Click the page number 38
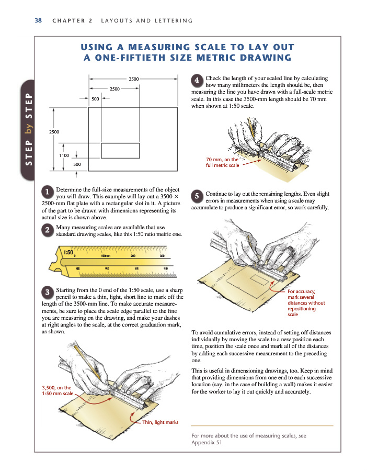pyautogui.click(x=38, y=20)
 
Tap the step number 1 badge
pyautogui.click(x=47, y=191)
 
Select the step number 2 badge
pyautogui.click(x=47, y=230)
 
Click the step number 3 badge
pyautogui.click(x=47, y=292)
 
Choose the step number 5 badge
pyautogui.click(x=197, y=196)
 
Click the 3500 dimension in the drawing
pyautogui.click(x=133, y=79)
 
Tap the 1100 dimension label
pyautogui.click(x=64, y=155)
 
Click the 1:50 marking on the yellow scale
pyautogui.click(x=68, y=252)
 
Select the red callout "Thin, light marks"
pyautogui.click(x=160, y=422)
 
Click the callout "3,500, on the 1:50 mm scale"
pyautogui.click(x=57, y=390)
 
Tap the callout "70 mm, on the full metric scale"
pyautogui.click(x=222, y=162)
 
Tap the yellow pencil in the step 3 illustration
pyautogui.click(x=88, y=361)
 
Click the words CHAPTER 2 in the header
pyautogui.click(x=72, y=21)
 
